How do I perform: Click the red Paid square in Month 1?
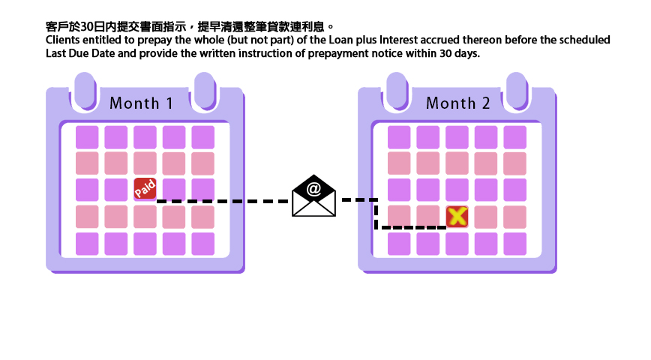(145, 189)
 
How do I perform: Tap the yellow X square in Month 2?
(457, 217)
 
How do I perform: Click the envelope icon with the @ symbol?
(313, 196)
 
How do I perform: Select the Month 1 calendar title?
(141, 103)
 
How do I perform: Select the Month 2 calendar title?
(457, 103)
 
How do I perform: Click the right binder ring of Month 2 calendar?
(516, 89)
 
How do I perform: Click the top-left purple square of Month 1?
(87, 137)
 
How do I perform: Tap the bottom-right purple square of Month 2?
(514, 244)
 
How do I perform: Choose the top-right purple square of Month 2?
(514, 137)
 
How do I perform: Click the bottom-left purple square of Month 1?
(87, 244)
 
